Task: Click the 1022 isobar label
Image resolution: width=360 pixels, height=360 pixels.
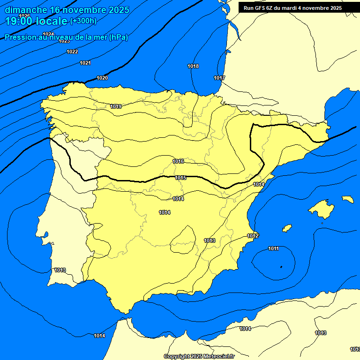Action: tap(72, 52)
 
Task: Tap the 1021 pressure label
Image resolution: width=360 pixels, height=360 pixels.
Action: tap(85, 63)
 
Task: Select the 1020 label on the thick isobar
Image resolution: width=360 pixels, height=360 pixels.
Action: tap(102, 78)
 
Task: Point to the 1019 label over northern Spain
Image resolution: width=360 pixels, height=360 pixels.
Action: tap(116, 106)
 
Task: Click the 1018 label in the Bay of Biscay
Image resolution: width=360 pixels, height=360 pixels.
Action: tap(193, 66)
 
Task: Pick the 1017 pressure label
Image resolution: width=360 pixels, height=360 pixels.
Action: tap(219, 78)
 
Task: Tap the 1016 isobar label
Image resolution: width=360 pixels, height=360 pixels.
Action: tap(178, 161)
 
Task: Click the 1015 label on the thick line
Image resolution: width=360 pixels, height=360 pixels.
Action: tap(181, 178)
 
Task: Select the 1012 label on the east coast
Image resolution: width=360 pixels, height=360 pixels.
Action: tap(253, 236)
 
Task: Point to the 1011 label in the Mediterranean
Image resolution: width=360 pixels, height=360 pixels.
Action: tap(273, 248)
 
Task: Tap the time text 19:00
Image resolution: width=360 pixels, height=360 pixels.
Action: tap(19, 21)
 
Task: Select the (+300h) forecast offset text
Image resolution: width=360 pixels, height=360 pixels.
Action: tap(83, 21)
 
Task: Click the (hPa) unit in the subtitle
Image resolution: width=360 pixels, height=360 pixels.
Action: tap(118, 37)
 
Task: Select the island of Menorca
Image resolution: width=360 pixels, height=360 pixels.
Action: tap(348, 199)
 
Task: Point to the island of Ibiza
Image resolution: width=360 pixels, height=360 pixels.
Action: tap(287, 228)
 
